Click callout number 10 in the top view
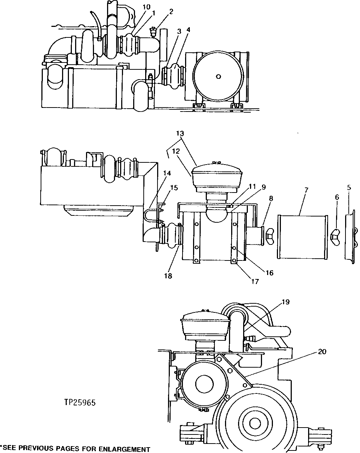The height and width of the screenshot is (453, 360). click(x=135, y=7)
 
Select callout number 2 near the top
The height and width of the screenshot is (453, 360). click(x=171, y=11)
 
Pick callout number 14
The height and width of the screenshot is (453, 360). click(x=166, y=174)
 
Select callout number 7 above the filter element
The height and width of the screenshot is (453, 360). click(x=306, y=190)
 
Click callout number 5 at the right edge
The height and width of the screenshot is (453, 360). click(x=349, y=187)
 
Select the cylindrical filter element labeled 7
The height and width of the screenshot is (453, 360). click(x=302, y=237)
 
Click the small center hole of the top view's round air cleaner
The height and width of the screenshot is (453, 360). click(x=218, y=76)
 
